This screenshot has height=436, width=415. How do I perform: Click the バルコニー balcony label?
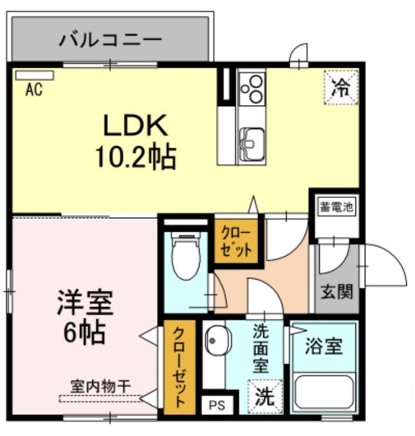click(110, 39)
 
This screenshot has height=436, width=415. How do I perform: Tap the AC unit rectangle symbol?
click(35, 75)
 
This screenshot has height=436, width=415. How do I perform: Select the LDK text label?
click(135, 125)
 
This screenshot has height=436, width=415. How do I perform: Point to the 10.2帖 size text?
click(136, 158)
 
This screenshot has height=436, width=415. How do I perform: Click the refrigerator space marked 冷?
click(341, 88)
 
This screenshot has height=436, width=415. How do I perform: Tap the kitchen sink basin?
click(252, 144)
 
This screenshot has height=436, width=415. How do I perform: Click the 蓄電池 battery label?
click(337, 207)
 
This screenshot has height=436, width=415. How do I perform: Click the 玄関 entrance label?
click(337, 291)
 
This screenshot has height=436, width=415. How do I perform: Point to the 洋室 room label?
click(85, 302)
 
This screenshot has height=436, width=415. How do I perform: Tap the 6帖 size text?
click(84, 333)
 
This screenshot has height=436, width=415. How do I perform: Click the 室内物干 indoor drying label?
click(100, 386)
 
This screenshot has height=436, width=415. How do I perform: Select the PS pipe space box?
click(217, 405)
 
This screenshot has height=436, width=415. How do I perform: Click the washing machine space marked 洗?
click(265, 397)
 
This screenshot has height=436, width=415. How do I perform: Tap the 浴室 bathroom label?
click(323, 346)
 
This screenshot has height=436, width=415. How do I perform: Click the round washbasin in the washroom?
click(218, 340)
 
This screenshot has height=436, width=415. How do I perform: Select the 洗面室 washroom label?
click(260, 348)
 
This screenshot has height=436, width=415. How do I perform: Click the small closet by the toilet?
click(236, 241)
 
